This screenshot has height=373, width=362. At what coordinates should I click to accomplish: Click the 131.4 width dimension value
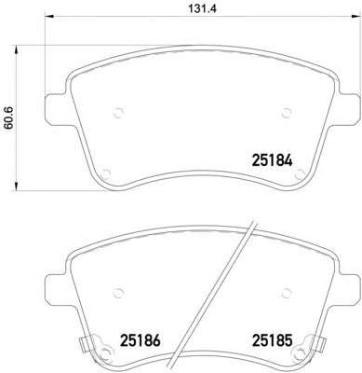[202, 8]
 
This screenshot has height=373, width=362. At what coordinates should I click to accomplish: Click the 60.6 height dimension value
[8, 117]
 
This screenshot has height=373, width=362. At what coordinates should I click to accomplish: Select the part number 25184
[273, 160]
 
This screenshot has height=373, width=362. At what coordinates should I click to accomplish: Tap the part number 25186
[141, 340]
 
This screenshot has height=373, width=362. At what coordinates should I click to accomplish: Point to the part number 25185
[273, 340]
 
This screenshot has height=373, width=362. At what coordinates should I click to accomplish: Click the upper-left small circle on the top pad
[119, 113]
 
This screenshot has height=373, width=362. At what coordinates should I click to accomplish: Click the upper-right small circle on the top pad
[287, 113]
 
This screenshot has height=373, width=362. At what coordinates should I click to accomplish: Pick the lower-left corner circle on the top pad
[106, 173]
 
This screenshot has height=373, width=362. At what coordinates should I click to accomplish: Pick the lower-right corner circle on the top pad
[300, 173]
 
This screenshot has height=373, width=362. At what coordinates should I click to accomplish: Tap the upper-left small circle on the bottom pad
[119, 293]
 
